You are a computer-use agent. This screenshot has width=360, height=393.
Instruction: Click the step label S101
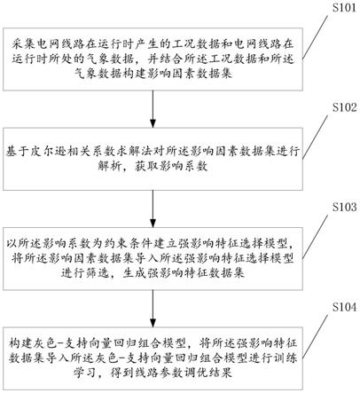344,7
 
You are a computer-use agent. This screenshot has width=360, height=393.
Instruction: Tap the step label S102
344,107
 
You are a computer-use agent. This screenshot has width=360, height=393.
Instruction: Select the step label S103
344,207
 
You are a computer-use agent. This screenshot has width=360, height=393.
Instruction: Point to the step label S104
344,307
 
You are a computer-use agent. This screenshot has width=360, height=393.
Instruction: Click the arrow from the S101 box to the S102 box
153,109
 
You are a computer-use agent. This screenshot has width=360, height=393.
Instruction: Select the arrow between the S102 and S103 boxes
153,208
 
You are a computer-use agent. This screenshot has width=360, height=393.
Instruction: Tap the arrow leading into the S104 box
153,309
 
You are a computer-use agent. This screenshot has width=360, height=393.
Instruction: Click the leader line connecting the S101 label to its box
315,37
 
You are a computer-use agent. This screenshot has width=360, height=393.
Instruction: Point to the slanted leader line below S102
315,137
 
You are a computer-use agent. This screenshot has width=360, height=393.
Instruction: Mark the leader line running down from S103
315,237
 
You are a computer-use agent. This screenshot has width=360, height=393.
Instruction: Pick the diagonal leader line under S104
315,336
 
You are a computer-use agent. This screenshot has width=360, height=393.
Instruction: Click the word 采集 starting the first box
23,44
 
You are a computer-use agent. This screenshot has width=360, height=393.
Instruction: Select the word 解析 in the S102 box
110,166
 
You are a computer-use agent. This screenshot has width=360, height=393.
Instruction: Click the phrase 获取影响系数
171,166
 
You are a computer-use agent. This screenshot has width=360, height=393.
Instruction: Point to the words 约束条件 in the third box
128,244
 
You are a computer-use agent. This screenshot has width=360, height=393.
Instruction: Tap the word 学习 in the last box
85,373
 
